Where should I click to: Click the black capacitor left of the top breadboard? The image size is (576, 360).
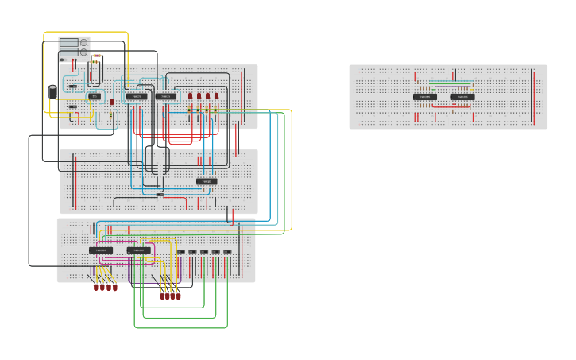pyautogui.click(x=52, y=91)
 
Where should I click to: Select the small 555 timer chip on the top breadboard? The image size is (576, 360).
pyautogui.click(x=95, y=96)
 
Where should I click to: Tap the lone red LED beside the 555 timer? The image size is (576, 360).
pyautogui.click(x=111, y=102)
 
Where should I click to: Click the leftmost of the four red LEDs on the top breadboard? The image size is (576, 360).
pyautogui.click(x=190, y=96)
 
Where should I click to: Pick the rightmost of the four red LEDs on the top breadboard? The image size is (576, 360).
pyautogui.click(x=216, y=96)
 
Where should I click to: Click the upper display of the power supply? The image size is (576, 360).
pyautogui.click(x=68, y=43)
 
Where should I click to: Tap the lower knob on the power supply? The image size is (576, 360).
pyautogui.click(x=83, y=52)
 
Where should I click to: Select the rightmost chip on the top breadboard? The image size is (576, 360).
pyautogui.click(x=166, y=96)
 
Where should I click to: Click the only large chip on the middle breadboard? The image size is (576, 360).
pyautogui.click(x=206, y=181)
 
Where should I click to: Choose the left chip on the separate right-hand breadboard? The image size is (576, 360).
pyautogui.click(x=424, y=97)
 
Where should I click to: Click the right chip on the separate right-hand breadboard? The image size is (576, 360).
pyautogui.click(x=462, y=97)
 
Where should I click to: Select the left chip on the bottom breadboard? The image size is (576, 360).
pyautogui.click(x=101, y=250)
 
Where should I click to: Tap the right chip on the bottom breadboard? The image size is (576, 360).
pyautogui.click(x=138, y=250)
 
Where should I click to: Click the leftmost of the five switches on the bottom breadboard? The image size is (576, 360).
pyautogui.click(x=181, y=252)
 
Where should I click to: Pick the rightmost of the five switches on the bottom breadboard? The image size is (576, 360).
pyautogui.click(x=227, y=252)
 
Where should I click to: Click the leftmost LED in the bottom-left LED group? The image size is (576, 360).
pyautogui.click(x=95, y=286)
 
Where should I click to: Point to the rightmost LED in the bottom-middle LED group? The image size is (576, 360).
pyautogui.click(x=178, y=296)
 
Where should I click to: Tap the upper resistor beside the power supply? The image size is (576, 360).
pyautogui.click(x=96, y=56)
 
